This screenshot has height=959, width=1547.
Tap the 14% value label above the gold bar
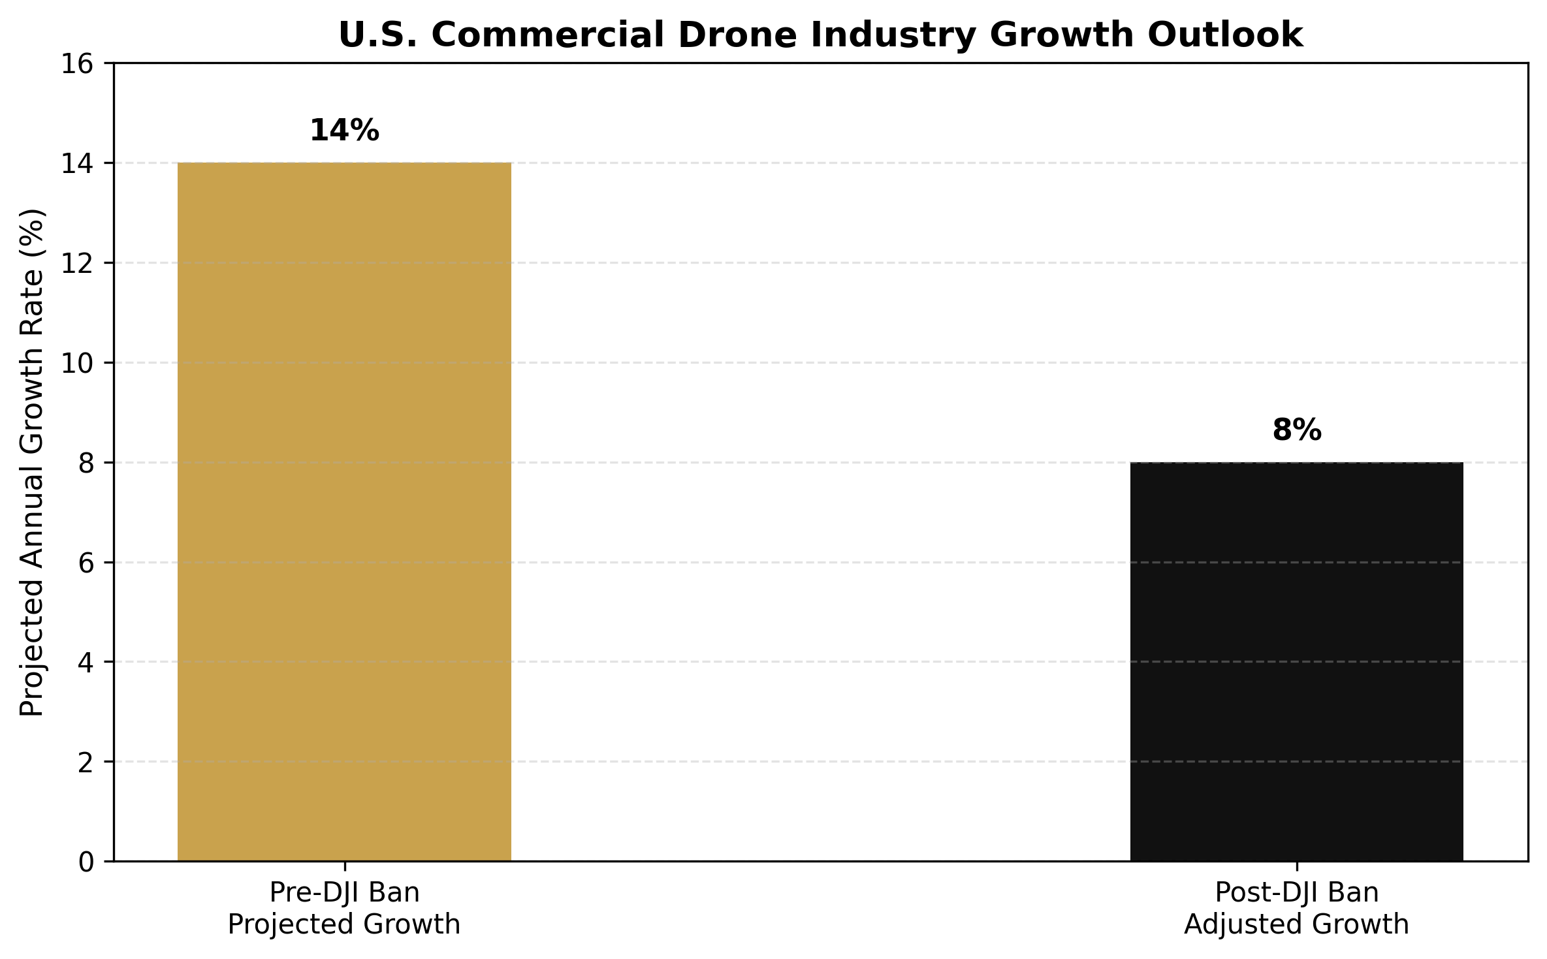tap(344, 131)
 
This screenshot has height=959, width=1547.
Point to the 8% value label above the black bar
tap(1296, 431)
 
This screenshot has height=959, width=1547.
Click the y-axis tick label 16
tap(77, 64)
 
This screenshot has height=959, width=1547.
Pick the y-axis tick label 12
tap(77, 263)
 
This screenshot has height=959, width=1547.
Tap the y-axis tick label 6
tap(86, 562)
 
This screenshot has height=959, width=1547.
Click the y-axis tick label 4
tap(86, 662)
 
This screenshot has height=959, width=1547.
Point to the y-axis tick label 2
tap(86, 762)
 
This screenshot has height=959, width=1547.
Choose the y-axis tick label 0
tap(86, 862)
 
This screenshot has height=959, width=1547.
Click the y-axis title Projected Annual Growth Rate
tap(32, 462)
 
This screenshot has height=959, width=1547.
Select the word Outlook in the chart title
tap(1225, 35)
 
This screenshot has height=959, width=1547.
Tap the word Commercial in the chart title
tap(549, 35)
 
